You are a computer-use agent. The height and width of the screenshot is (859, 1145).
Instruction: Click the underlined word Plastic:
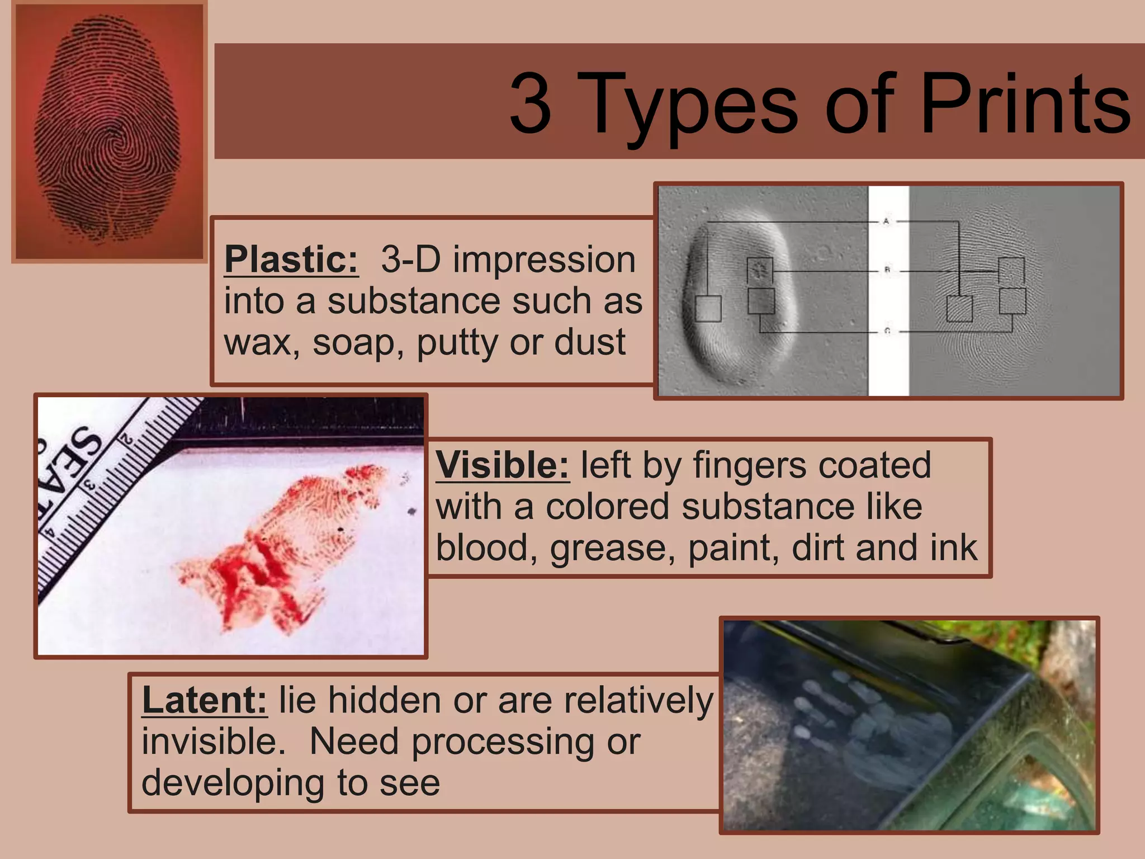pyautogui.click(x=291, y=259)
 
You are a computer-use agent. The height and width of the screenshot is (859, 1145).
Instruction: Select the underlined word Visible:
pyautogui.click(x=502, y=465)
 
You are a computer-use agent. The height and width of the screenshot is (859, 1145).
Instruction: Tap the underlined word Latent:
pyautogui.click(x=205, y=700)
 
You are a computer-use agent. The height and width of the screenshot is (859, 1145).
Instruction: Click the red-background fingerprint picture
pyautogui.click(x=110, y=132)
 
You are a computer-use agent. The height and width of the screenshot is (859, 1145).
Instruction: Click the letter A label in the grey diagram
pyautogui.click(x=886, y=221)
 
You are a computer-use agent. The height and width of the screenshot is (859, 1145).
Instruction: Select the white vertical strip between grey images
pyautogui.click(x=888, y=291)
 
